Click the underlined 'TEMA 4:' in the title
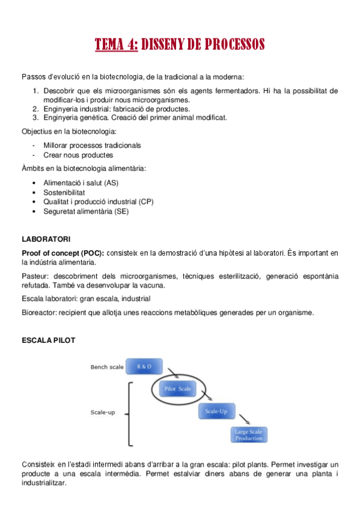coord(117,45)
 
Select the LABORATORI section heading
coord(46,239)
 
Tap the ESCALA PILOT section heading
coord(48,340)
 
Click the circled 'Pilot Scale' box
coord(177,389)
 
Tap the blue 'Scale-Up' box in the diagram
coord(215,411)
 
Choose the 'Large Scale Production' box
coord(249,434)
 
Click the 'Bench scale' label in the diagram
coord(107,367)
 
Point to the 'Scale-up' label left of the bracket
coord(102,413)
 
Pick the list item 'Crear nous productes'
coord(78,155)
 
